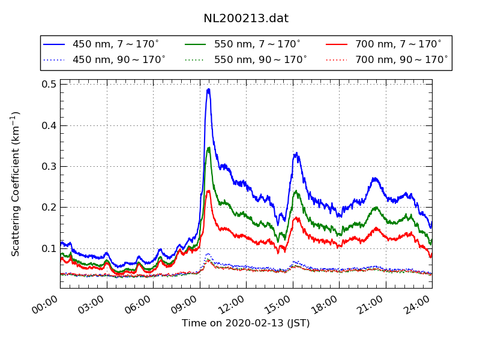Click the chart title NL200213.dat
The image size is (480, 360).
pyautogui.click(x=246, y=19)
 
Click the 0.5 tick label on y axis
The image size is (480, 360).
pyautogui.click(x=49, y=85)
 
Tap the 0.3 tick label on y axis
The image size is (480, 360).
pyautogui.click(x=49, y=166)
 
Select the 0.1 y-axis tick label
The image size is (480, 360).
pyautogui.click(x=49, y=248)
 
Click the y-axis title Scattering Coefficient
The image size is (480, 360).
pyautogui.click(x=16, y=184)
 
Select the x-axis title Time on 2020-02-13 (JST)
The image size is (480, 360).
pyautogui.click(x=246, y=323)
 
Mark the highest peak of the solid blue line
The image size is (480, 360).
pyautogui.click(x=208, y=89)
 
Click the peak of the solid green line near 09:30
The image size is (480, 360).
pyautogui.click(x=209, y=148)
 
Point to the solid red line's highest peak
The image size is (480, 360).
pyautogui.click(x=209, y=191)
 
